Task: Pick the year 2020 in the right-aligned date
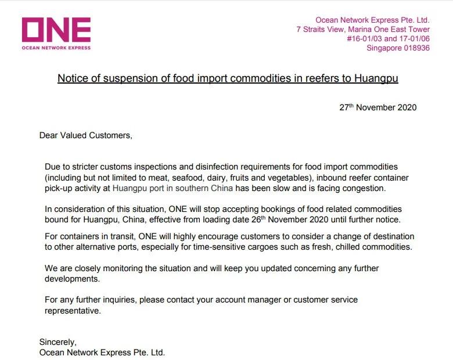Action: click(406, 107)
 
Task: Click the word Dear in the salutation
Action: click(49, 136)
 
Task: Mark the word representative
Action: click(73, 311)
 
